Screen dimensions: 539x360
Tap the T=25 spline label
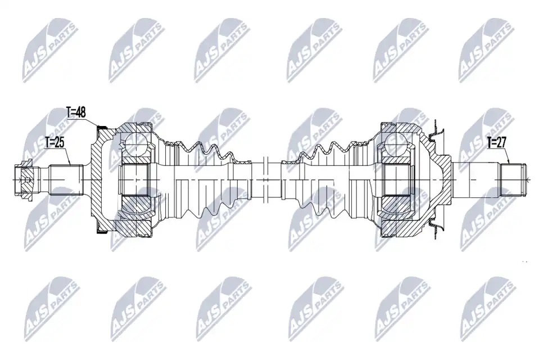pos(55,142)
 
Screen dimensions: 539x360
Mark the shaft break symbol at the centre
pos(265,179)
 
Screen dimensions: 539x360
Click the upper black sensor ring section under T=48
pos(102,128)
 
